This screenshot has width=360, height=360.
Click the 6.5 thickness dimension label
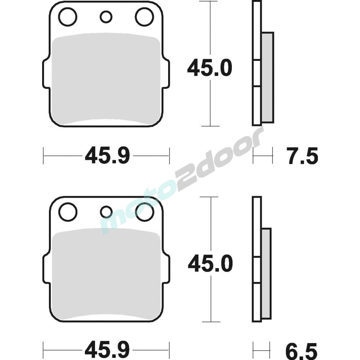[302, 350]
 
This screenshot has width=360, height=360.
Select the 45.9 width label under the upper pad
[107, 156]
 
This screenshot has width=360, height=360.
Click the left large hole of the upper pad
[68, 17]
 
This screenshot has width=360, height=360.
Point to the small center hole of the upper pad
[106, 17]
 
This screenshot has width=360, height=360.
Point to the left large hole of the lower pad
[68, 212]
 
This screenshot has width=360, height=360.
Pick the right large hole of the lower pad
[144, 212]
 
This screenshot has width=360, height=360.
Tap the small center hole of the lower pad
[106, 212]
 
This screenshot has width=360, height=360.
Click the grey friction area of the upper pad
[106, 79]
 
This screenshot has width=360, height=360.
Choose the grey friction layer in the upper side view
[267, 77]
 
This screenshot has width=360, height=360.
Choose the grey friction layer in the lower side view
[266, 274]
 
